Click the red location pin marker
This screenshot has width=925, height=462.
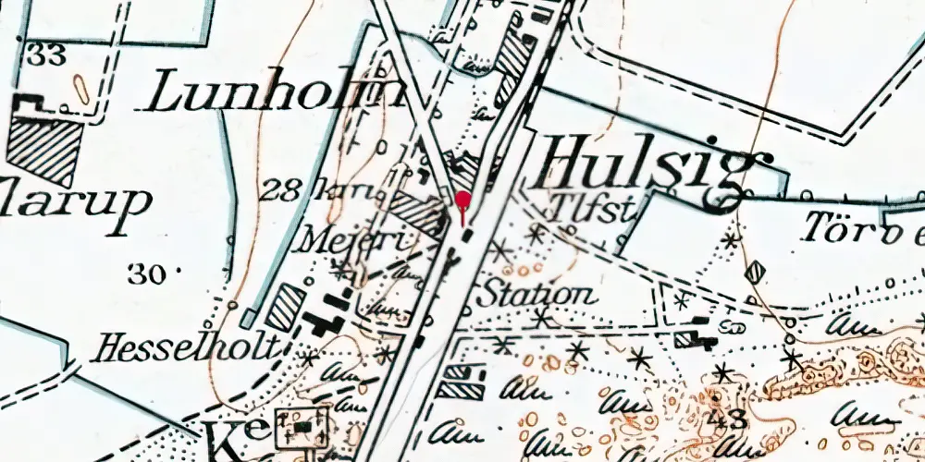coord(463,202)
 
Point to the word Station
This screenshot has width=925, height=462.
coord(536,296)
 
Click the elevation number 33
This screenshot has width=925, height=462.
coord(46,55)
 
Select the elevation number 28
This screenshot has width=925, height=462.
coord(278,191)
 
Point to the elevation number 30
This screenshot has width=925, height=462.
coord(146,274)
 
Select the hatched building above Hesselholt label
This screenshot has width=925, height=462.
coord(285,306)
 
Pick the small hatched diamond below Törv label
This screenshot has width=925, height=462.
coord(756,271)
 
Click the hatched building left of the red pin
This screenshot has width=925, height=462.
coord(415,211)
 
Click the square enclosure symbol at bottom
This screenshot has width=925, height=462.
coord(302,428)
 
